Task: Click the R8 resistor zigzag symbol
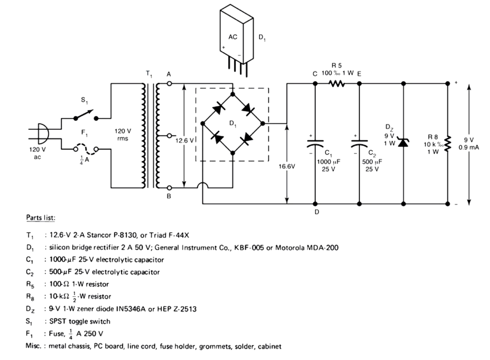(x=447, y=142)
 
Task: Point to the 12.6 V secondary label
(x=185, y=140)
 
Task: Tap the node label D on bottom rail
(x=317, y=212)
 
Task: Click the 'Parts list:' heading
(x=41, y=218)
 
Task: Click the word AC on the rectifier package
(x=233, y=37)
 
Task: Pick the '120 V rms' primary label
(x=122, y=134)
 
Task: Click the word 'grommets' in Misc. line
(x=215, y=346)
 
